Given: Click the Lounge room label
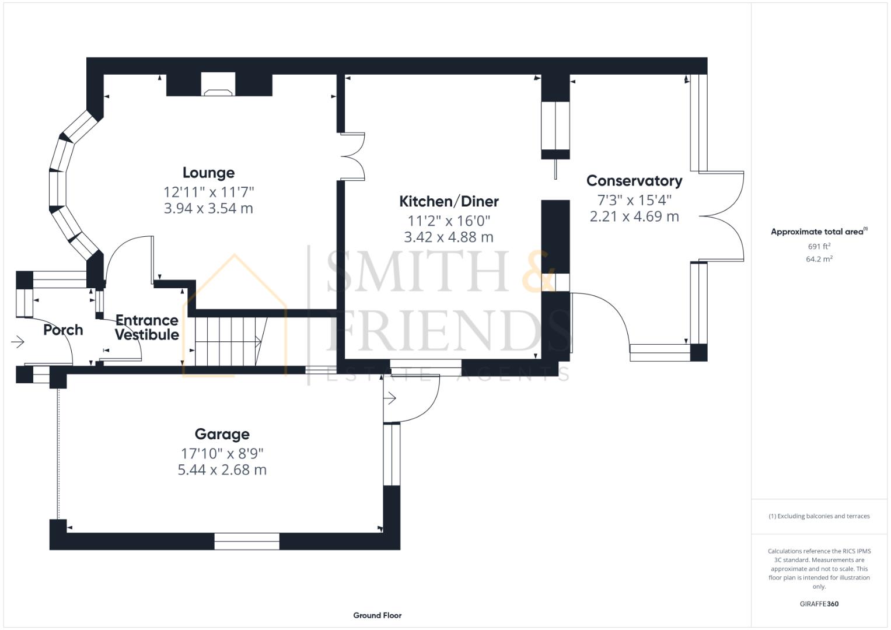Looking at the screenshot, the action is pos(208,173).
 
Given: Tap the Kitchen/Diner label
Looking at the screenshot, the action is pos(449,201).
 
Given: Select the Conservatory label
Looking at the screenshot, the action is pos(634,181).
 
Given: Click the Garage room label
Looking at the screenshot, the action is pos(222,434).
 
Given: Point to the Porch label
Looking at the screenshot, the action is pos(63,330).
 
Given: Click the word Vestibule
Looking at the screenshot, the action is pos(147,334).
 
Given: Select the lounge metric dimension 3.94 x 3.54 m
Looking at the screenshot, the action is pos(208,208).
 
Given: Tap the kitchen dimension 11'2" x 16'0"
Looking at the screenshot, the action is pos(449,220).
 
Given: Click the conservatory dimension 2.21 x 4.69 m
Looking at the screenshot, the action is pos(634,216).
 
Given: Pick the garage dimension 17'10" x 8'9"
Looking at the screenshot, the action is pos(222,453).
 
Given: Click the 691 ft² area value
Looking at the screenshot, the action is pos(819,246).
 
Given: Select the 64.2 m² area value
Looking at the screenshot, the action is pos(819,259).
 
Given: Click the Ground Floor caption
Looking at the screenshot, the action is pos(377,615).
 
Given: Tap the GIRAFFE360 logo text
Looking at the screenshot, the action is pos(819,604).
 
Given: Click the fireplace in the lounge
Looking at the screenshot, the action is pos(218,85).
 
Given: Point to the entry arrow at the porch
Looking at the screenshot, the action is pos(18,342).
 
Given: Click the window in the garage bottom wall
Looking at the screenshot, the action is pos(247,541).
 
